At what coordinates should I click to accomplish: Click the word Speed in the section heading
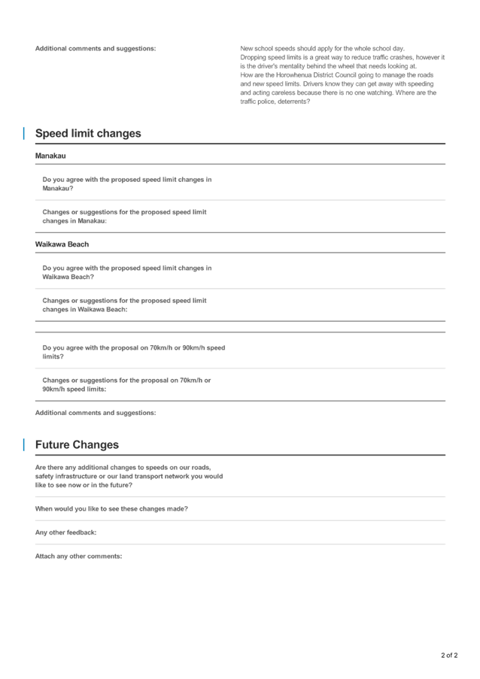pyautogui.click(x=52, y=133)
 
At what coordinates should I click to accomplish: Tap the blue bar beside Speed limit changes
pyautogui.click(x=23, y=133)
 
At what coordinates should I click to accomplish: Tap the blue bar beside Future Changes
pyautogui.click(x=23, y=444)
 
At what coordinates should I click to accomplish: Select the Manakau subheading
pyautogui.click(x=50, y=156)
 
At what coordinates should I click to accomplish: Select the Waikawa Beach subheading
pyautogui.click(x=62, y=244)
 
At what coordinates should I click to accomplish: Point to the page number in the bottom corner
pyautogui.click(x=449, y=655)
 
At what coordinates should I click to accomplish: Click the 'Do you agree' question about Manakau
pyautogui.click(x=126, y=183)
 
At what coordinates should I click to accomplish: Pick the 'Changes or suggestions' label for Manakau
pyautogui.click(x=123, y=217)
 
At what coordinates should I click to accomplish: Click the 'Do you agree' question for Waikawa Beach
pyautogui.click(x=126, y=272)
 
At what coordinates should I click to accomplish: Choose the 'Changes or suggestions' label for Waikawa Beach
pyautogui.click(x=123, y=305)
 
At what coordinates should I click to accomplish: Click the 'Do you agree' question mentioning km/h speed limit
pyautogui.click(x=133, y=352)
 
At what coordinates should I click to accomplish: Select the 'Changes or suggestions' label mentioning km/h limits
pyautogui.click(x=126, y=384)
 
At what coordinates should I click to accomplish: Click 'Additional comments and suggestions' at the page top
pyautogui.click(x=96, y=49)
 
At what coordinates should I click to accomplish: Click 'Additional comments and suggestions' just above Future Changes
pyautogui.click(x=96, y=413)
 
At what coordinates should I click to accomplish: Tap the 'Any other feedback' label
pyautogui.click(x=65, y=532)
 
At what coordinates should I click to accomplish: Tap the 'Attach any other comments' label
pyautogui.click(x=77, y=556)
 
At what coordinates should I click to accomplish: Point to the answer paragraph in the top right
pyautogui.click(x=342, y=74)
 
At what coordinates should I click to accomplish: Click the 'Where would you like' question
pyautogui.click(x=111, y=509)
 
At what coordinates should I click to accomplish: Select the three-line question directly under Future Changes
pyautogui.click(x=129, y=476)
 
